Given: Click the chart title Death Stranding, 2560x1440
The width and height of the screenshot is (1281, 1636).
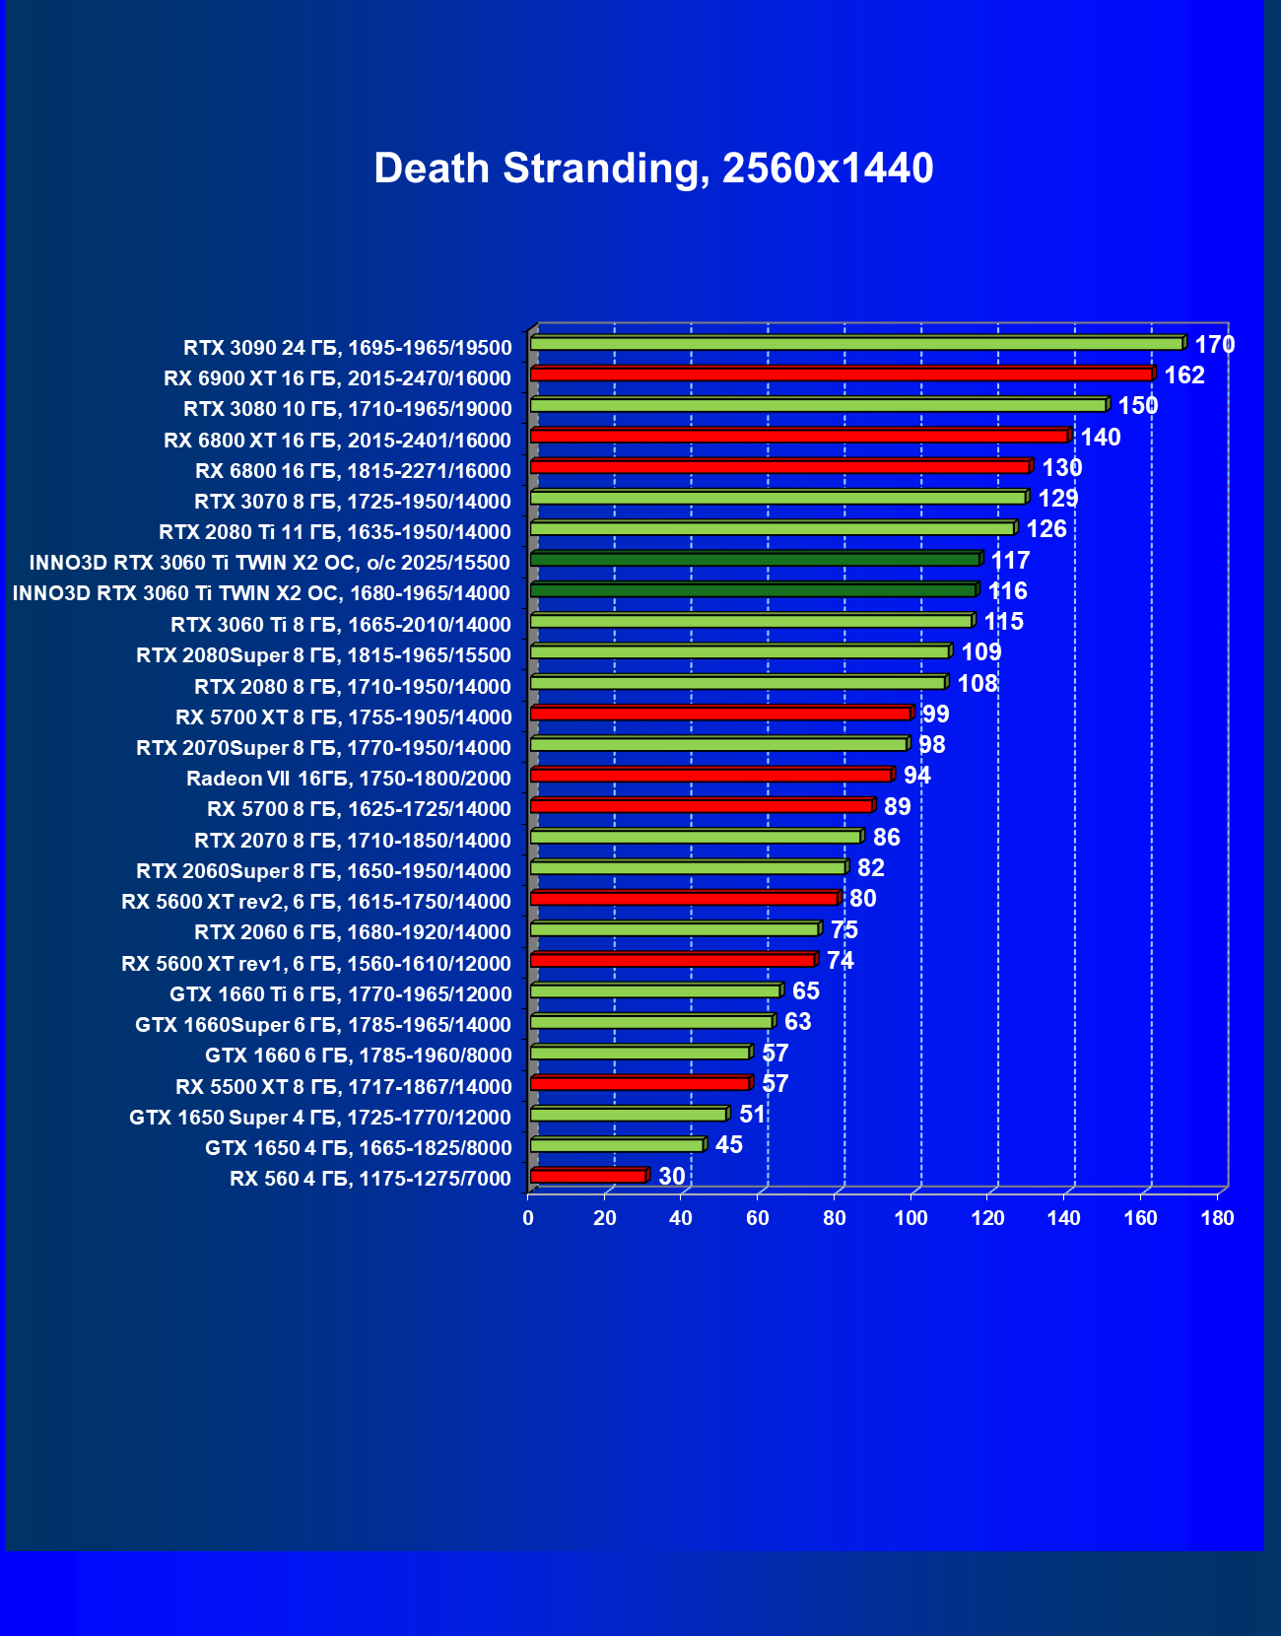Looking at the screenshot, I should pos(653,169).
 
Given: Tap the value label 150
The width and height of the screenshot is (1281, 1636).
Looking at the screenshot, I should pos(1137,406).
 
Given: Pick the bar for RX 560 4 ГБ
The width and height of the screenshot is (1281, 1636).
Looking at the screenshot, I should pos(587,1176).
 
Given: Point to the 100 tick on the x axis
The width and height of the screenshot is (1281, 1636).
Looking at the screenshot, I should pos(910,1218).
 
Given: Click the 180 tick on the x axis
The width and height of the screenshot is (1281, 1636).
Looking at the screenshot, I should pos(1217,1218).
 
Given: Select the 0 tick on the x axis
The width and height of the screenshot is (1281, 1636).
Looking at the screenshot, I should pos(528,1218).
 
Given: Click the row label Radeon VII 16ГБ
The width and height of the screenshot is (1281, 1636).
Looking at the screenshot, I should pos(349,779).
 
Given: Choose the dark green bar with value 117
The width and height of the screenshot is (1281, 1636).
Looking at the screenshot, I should pos(755,560).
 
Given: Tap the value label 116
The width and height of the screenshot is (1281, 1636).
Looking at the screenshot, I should pos(1007,591).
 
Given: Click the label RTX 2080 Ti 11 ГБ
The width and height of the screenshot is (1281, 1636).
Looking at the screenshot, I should pos(335,532).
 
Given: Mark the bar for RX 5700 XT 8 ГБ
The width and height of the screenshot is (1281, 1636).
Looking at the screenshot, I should pos(720,714).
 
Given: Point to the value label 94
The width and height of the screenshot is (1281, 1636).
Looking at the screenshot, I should pos(916,776).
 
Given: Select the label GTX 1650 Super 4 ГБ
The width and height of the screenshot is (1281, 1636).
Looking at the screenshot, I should pos(320,1118).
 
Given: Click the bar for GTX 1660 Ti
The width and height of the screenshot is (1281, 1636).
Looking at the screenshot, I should pos(655,990).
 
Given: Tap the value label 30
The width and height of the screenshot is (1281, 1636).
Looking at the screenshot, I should pos(671,1176).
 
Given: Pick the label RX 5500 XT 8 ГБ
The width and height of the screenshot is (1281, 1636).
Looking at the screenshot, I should pos(344,1087).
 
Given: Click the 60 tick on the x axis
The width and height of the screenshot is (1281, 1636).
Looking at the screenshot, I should pos(758,1218).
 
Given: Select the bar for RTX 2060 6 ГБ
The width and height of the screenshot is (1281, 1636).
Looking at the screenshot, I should pos(674,929).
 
